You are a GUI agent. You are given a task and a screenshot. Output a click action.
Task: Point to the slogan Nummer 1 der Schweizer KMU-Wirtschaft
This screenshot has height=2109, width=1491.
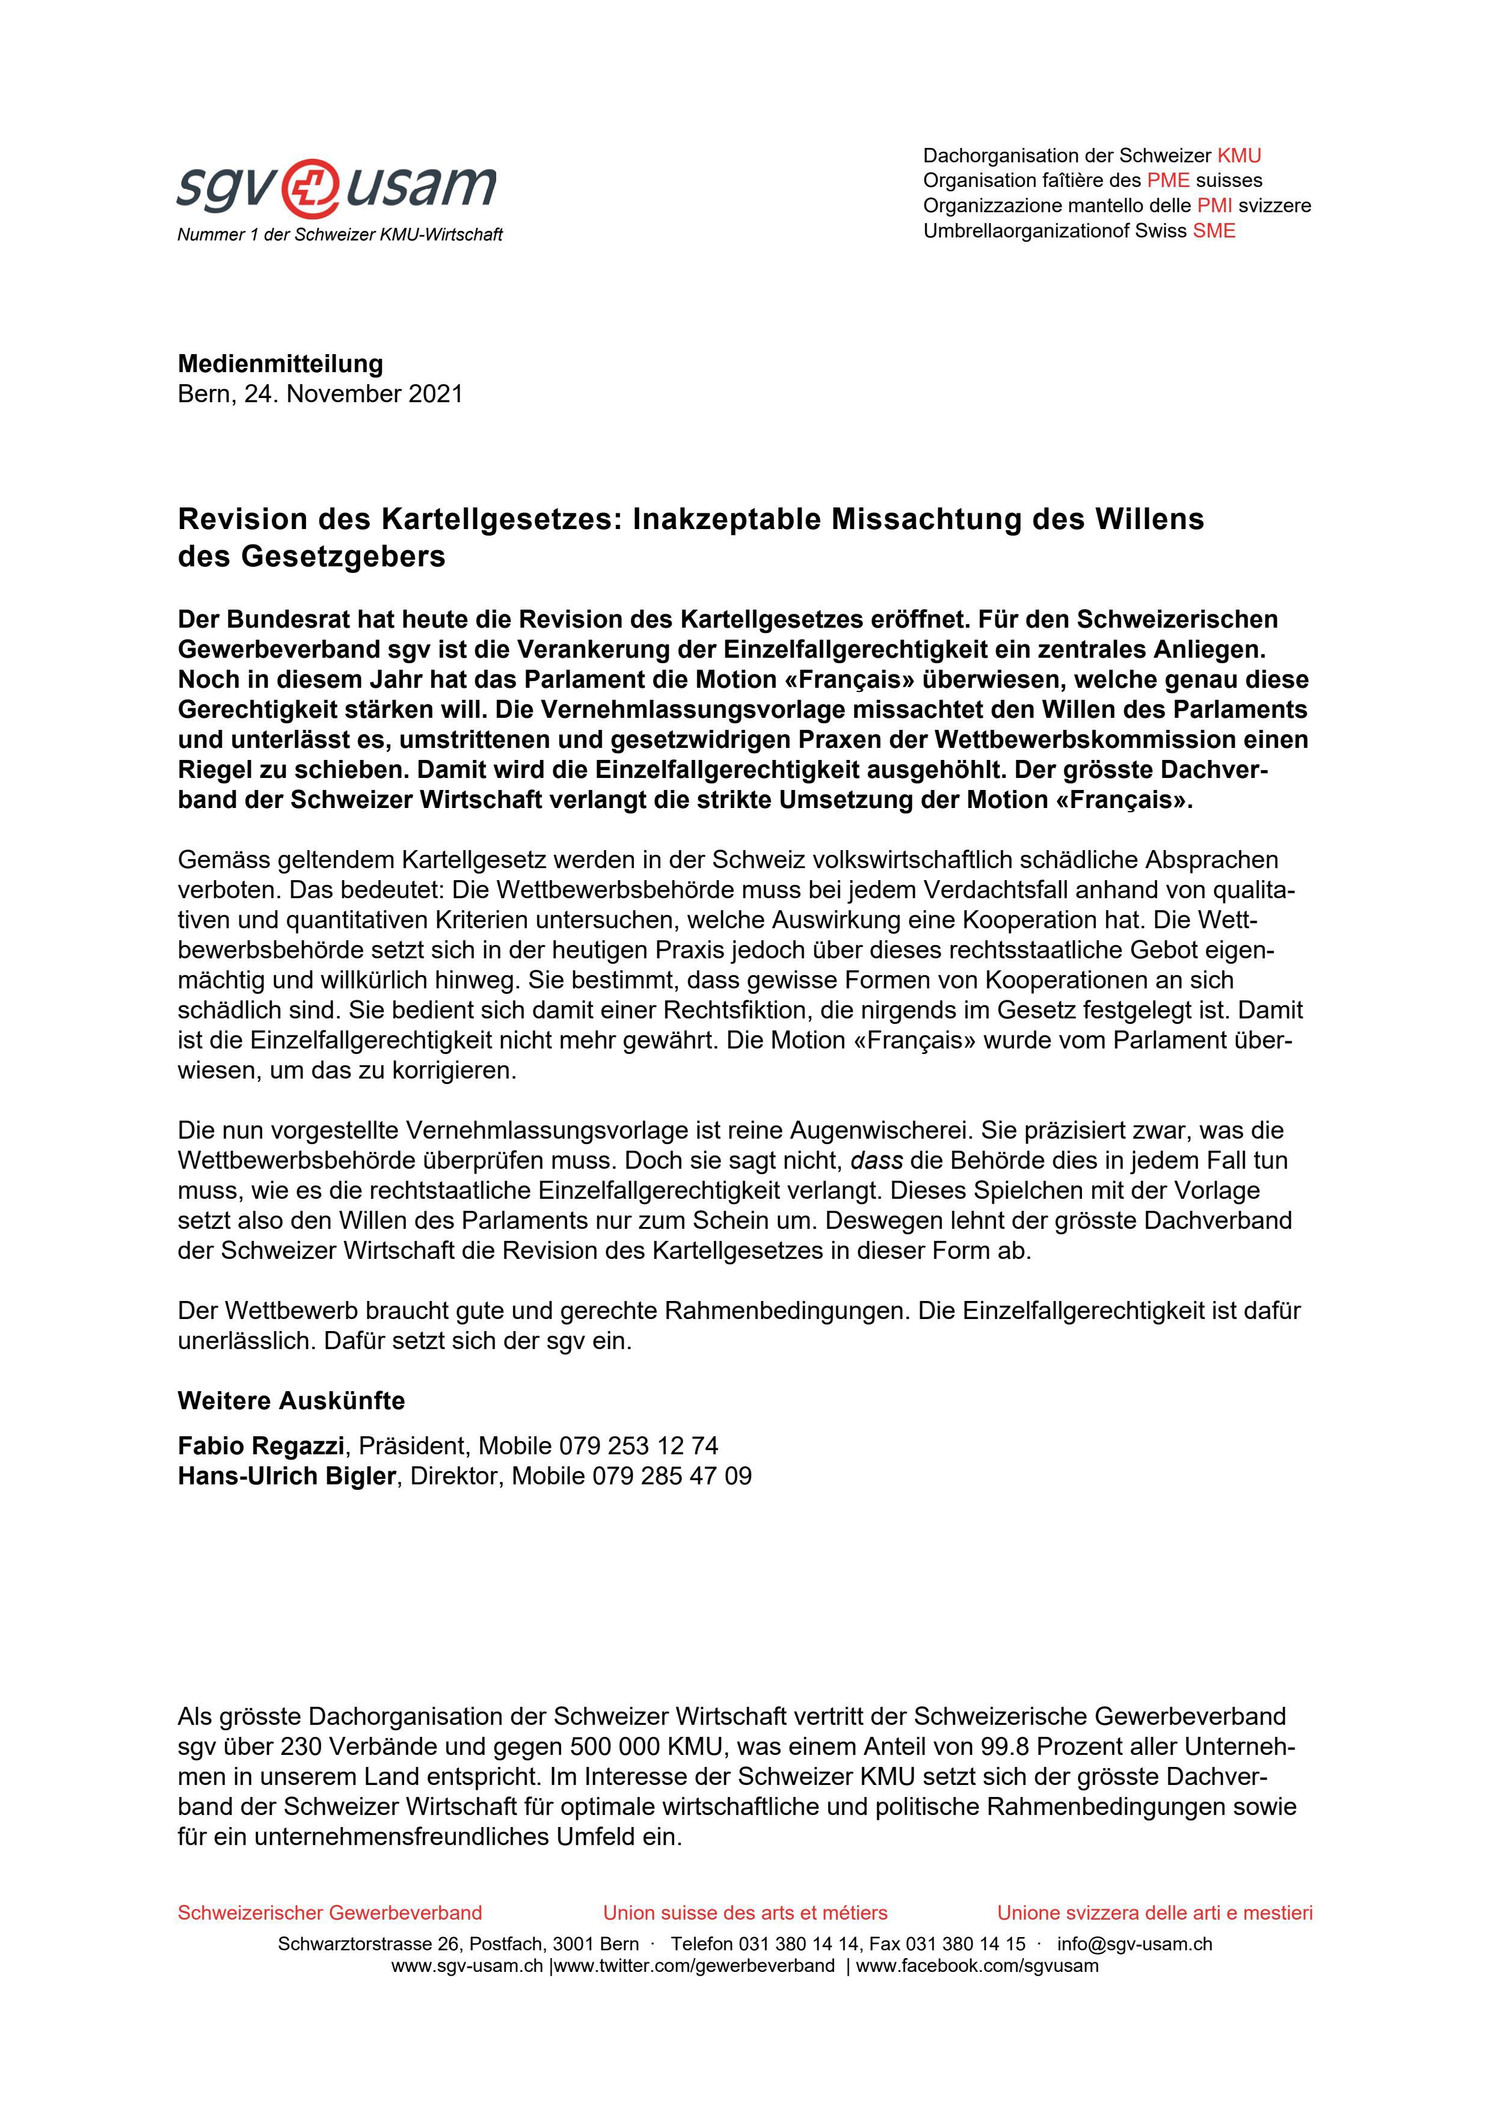pos(340,235)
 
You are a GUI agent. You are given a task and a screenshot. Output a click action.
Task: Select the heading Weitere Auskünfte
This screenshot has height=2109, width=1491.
pos(291,1401)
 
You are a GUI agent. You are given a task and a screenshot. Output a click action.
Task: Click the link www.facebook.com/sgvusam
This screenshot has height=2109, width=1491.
pos(977,1966)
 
